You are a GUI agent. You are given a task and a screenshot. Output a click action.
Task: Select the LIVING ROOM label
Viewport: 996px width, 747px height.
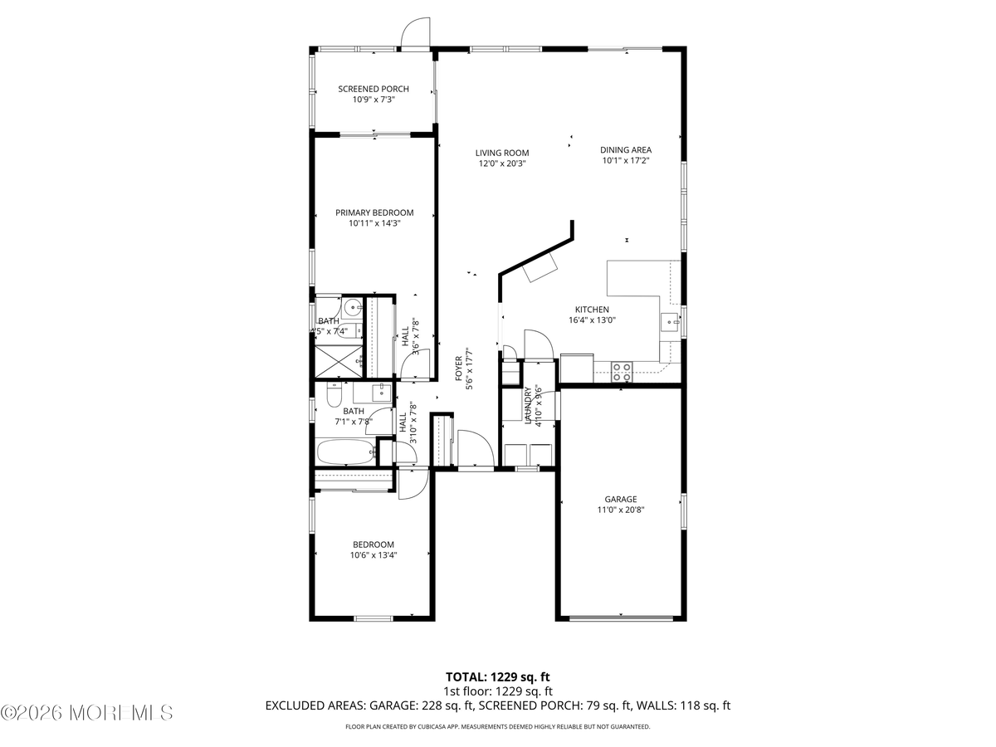click(x=501, y=153)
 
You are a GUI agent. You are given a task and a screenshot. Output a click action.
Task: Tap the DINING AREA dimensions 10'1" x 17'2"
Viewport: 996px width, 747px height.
click(x=625, y=161)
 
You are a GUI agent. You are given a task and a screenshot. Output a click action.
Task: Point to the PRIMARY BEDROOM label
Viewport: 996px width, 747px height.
click(x=374, y=212)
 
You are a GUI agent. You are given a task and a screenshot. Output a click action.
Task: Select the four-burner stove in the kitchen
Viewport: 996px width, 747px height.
click(x=622, y=371)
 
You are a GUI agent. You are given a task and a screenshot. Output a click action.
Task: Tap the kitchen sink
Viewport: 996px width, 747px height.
click(x=670, y=321)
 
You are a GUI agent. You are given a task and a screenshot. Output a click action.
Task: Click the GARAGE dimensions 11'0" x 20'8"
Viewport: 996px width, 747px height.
click(x=620, y=510)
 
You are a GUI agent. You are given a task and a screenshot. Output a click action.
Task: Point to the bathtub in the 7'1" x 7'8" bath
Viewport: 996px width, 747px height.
click(x=345, y=453)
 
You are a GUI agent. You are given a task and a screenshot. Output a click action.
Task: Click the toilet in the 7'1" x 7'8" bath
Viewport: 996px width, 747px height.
click(x=334, y=397)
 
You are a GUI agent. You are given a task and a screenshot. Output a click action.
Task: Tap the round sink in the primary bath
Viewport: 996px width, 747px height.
click(x=352, y=309)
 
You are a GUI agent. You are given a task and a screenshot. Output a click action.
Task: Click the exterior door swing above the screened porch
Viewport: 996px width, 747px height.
click(x=415, y=33)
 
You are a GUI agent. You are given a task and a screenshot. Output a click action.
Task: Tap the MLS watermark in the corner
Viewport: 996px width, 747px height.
click(x=87, y=712)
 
